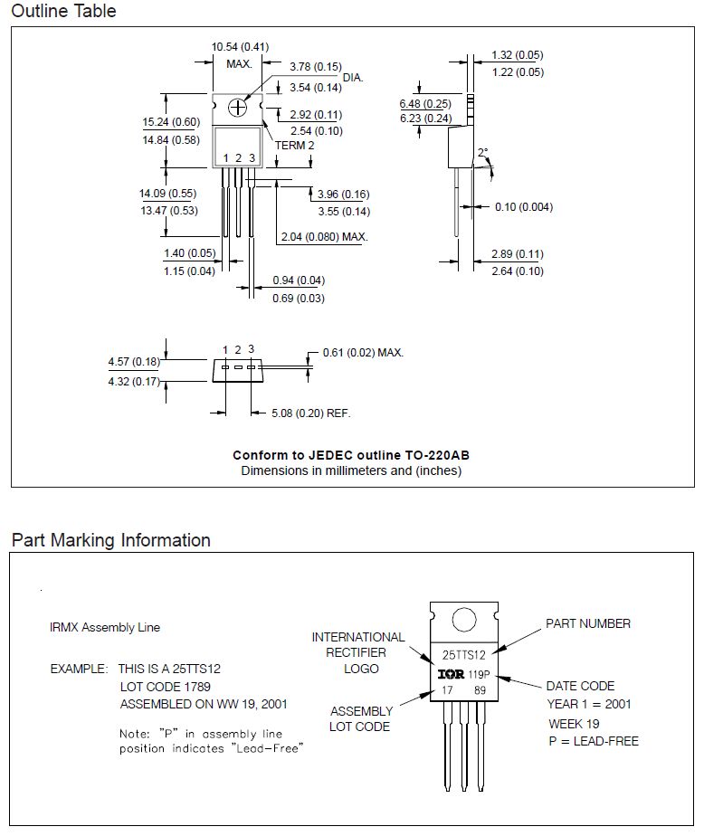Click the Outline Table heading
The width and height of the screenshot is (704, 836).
[63, 12]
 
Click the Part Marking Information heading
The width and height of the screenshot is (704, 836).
[110, 540]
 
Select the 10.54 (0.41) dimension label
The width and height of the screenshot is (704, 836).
[240, 46]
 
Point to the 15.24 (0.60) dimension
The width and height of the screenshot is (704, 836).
[170, 122]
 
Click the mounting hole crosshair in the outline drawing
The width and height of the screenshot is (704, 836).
[238, 108]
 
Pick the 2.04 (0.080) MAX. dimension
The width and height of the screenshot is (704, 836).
[323, 237]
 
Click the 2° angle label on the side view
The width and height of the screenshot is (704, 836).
[482, 152]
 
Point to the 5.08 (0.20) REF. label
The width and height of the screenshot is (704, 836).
[310, 413]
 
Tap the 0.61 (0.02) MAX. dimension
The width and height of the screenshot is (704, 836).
[362, 352]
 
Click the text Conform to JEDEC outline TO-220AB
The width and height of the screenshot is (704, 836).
[351, 455]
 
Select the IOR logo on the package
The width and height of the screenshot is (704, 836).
[451, 674]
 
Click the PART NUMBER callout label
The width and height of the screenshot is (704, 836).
[587, 623]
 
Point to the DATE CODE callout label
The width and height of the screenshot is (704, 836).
[580, 686]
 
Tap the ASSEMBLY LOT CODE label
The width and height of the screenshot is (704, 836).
[361, 718]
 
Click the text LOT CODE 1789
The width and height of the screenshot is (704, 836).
[160, 687]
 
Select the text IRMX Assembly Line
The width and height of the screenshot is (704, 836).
[105, 627]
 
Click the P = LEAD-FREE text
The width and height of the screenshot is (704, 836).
[593, 741]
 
